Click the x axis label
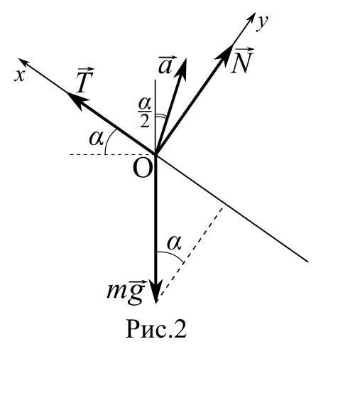point(20,75)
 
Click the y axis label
point(263,23)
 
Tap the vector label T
point(85,80)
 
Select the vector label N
point(242,60)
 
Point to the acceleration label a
point(165,65)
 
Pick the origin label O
point(143,169)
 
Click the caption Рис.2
point(156,329)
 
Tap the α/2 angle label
point(145,112)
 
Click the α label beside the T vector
point(97,139)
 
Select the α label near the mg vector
point(175,243)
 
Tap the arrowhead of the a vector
point(182,69)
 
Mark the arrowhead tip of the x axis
point(18,58)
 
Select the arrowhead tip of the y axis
point(255,12)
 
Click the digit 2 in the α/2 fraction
point(145,121)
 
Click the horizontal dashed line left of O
point(110,154)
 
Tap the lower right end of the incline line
point(307,262)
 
